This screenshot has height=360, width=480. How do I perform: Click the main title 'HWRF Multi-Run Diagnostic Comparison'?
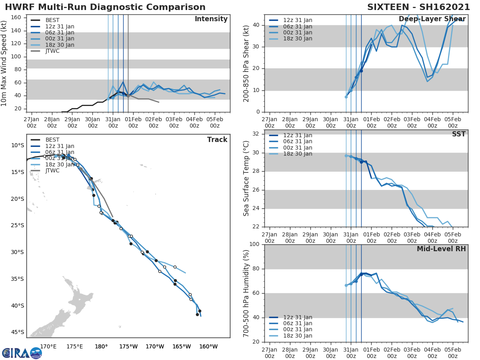pyautogui.click(x=105, y=7)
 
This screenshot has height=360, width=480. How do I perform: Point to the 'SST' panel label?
pyautogui.click(x=458, y=134)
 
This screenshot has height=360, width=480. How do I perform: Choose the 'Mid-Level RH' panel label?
pyautogui.click(x=441, y=249)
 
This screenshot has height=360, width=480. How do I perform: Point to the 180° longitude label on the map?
pyautogui.click(x=101, y=346)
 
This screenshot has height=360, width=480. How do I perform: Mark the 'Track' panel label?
pyautogui.click(x=217, y=140)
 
